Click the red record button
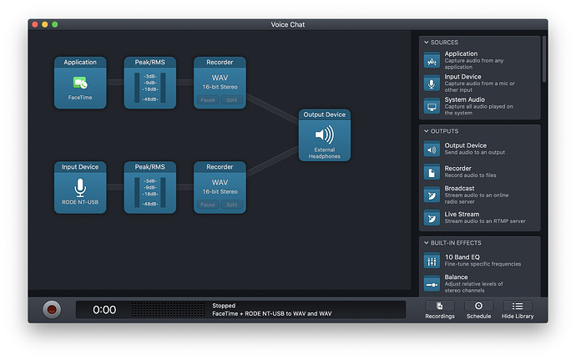[x=52, y=310]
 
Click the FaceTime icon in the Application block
[x=80, y=83]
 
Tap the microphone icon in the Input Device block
[x=80, y=188]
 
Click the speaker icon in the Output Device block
[x=325, y=134]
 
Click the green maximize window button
[x=55, y=24]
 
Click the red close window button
[x=35, y=24]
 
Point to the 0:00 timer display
[x=104, y=310]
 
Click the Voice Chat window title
[x=288, y=24]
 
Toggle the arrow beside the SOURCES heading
[x=426, y=43]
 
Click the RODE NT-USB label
[x=80, y=202]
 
